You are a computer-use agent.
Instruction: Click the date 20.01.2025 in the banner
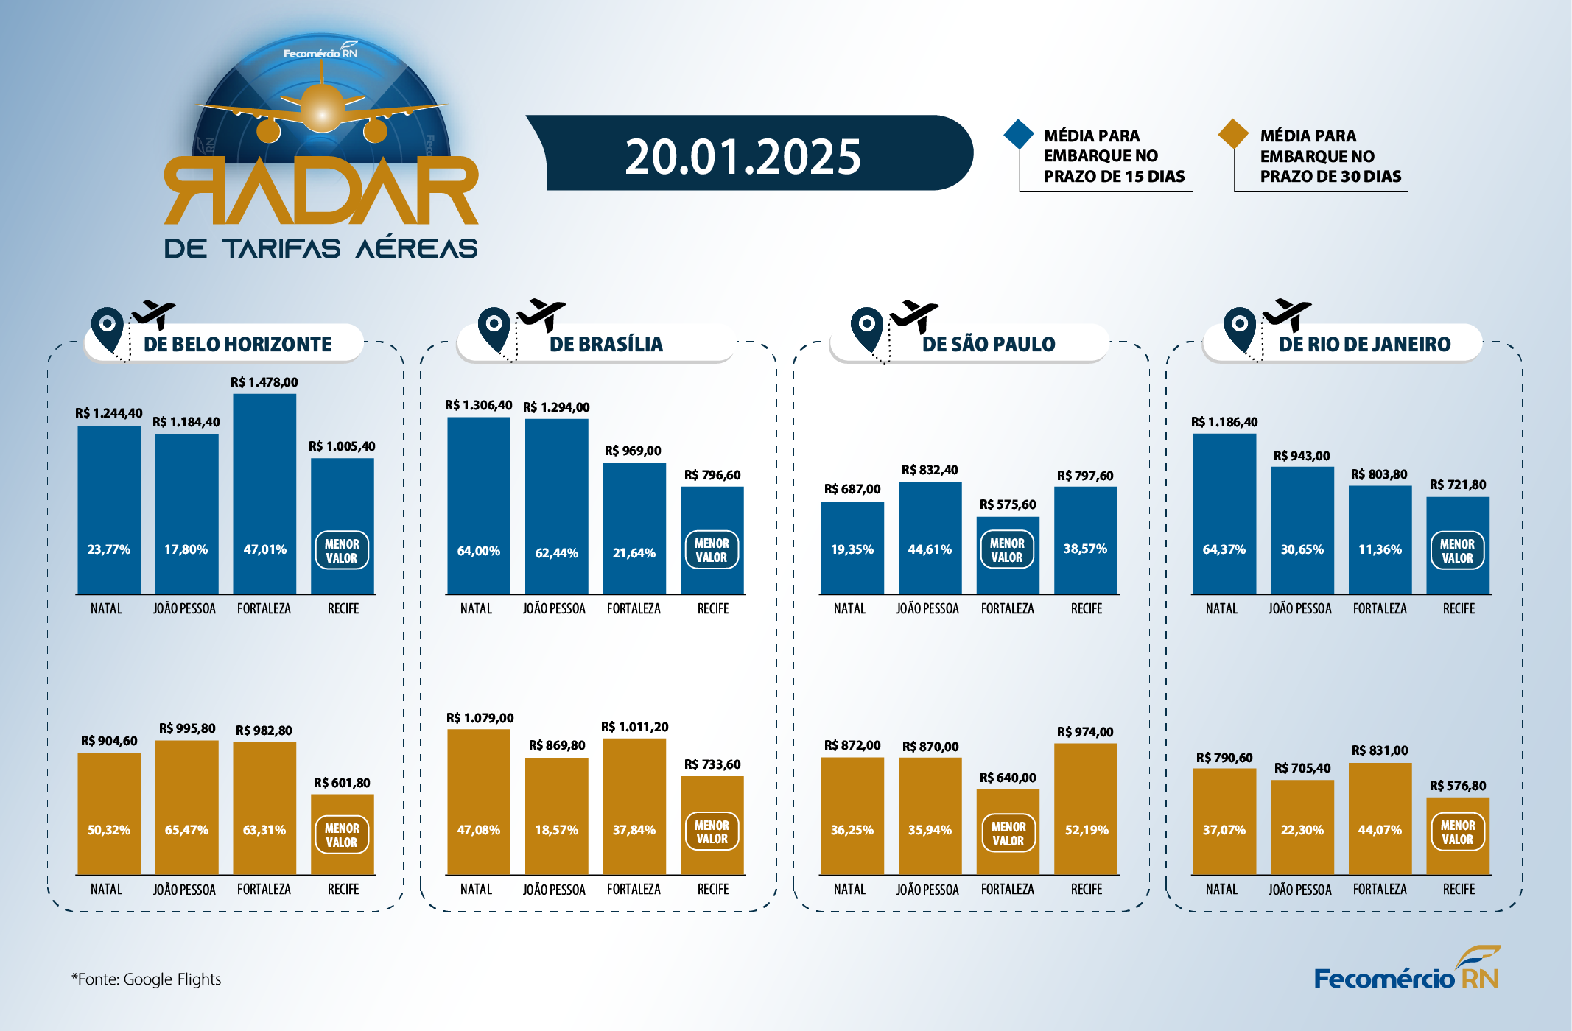pyautogui.click(x=743, y=157)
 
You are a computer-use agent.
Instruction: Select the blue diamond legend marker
pyautogui.click(x=1019, y=134)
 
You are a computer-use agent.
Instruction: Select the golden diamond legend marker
pyautogui.click(x=1233, y=134)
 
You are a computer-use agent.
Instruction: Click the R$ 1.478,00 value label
pyautogui.click(x=264, y=382)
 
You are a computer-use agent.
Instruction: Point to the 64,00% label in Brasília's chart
pyautogui.click(x=478, y=551)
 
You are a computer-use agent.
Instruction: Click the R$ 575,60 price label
pyautogui.click(x=1007, y=504)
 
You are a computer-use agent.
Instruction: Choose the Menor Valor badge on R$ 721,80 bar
pyautogui.click(x=1457, y=551)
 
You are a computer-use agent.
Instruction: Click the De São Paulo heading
pyautogui.click(x=988, y=344)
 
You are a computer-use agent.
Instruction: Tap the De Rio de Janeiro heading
pyautogui.click(x=1364, y=344)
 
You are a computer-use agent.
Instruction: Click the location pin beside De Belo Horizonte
pyautogui.click(x=108, y=328)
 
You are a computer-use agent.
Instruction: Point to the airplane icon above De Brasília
pyautogui.click(x=541, y=314)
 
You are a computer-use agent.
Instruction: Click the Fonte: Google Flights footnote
pyautogui.click(x=146, y=979)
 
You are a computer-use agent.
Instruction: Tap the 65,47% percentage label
pyautogui.click(x=186, y=830)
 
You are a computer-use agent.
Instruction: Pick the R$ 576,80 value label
pyautogui.click(x=1457, y=786)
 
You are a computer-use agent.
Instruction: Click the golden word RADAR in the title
pyautogui.click(x=321, y=190)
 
